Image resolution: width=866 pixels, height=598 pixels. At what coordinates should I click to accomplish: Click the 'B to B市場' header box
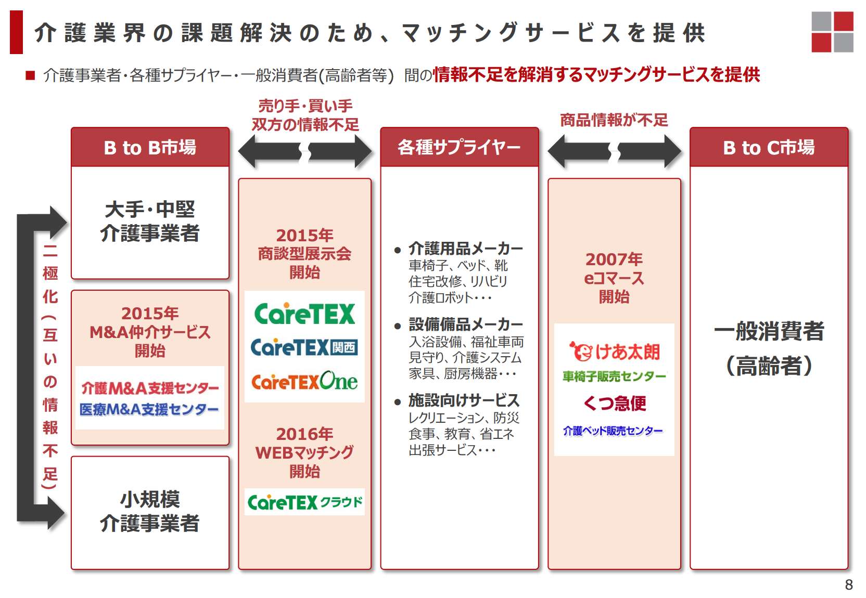click(x=150, y=148)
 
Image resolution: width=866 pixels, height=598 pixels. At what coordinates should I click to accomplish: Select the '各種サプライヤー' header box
click(x=459, y=148)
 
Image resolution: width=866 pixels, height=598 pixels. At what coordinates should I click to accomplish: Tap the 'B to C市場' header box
click(x=769, y=148)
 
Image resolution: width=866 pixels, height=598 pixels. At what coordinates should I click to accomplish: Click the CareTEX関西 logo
click(x=304, y=347)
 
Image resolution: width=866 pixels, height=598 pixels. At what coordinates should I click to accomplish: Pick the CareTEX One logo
click(x=304, y=381)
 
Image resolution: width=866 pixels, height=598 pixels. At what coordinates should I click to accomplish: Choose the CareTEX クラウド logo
click(x=304, y=502)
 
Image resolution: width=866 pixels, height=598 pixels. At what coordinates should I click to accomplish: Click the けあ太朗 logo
click(x=614, y=352)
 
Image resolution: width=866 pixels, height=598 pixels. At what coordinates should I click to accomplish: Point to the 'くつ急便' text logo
click(x=614, y=403)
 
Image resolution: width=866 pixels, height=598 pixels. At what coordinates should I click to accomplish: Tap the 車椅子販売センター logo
click(x=614, y=376)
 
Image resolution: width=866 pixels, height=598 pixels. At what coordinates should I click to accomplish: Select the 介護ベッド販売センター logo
click(x=613, y=431)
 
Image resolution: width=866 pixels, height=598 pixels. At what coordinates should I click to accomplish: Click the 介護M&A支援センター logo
click(x=150, y=388)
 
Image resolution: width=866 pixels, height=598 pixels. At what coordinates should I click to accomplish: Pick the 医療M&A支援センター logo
click(x=149, y=410)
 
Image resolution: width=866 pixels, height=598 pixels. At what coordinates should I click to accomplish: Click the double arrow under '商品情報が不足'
click(x=614, y=151)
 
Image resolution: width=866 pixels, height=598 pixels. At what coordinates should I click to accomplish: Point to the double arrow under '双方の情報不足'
click(x=304, y=151)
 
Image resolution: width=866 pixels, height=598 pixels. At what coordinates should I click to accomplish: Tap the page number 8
click(x=849, y=585)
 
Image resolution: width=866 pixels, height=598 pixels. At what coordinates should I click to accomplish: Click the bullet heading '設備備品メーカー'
click(x=465, y=325)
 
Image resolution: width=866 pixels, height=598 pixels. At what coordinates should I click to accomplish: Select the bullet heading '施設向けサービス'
click(x=464, y=400)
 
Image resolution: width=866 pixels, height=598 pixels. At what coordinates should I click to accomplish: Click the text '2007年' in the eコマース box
click(x=614, y=259)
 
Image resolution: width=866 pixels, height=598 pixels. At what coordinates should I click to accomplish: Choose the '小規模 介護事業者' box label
click(x=150, y=511)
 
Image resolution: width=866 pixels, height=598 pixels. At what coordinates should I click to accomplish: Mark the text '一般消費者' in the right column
click(x=769, y=331)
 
